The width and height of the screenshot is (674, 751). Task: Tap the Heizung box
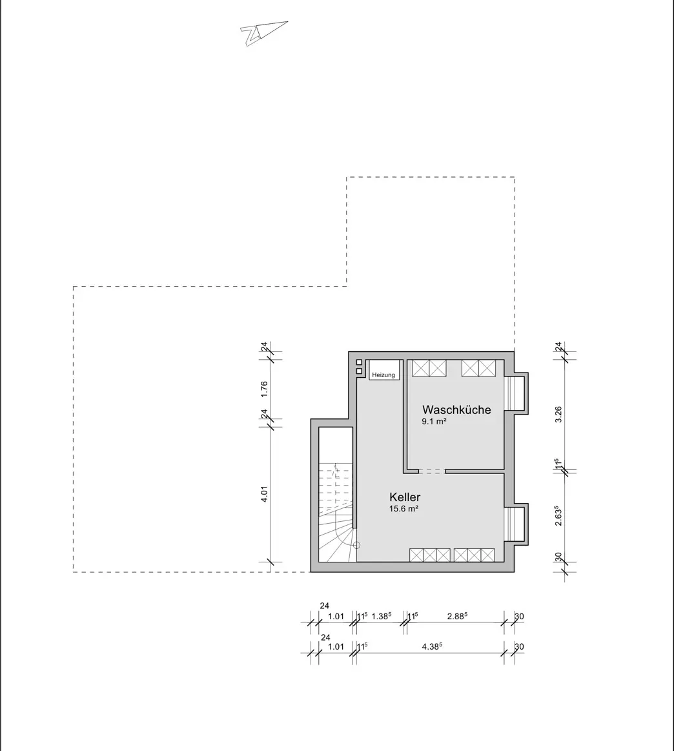coord(384,370)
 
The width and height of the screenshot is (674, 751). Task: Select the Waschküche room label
coord(456,409)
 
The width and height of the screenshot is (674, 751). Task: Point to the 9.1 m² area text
coord(434,422)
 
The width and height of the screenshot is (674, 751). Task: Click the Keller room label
coord(405,497)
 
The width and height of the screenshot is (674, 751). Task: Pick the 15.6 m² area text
coord(403,509)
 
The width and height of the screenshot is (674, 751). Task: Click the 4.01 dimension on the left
coord(264,494)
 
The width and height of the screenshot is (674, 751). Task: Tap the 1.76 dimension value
coord(264,389)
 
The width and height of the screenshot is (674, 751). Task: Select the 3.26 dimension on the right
coord(558,415)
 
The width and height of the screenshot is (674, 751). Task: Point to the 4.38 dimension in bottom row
coord(432,646)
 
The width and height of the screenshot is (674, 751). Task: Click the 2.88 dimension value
coord(457,617)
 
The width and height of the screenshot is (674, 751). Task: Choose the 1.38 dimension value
coord(382,617)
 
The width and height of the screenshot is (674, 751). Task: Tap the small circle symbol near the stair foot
coord(356,545)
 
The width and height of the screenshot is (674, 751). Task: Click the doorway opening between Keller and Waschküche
coord(433,471)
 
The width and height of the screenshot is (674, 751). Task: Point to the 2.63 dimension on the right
coord(558,517)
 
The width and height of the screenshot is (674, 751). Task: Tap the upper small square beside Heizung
coord(360,362)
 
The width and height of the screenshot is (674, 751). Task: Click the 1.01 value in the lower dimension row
coord(336,646)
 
